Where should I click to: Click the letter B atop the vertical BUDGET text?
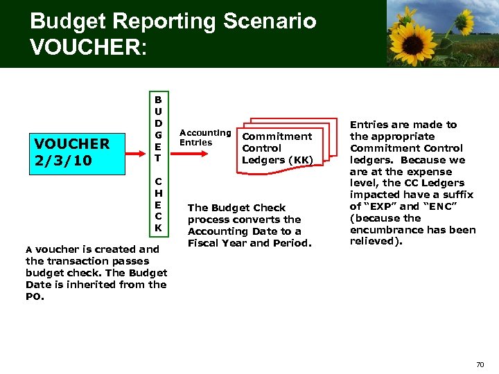tap(158, 99)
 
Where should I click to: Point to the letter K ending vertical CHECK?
tap(158, 228)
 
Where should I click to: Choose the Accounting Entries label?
tap(204, 137)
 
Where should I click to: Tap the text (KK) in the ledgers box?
tap(299, 160)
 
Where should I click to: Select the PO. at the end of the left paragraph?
tap(34, 296)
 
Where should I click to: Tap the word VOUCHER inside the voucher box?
tap(72, 144)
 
